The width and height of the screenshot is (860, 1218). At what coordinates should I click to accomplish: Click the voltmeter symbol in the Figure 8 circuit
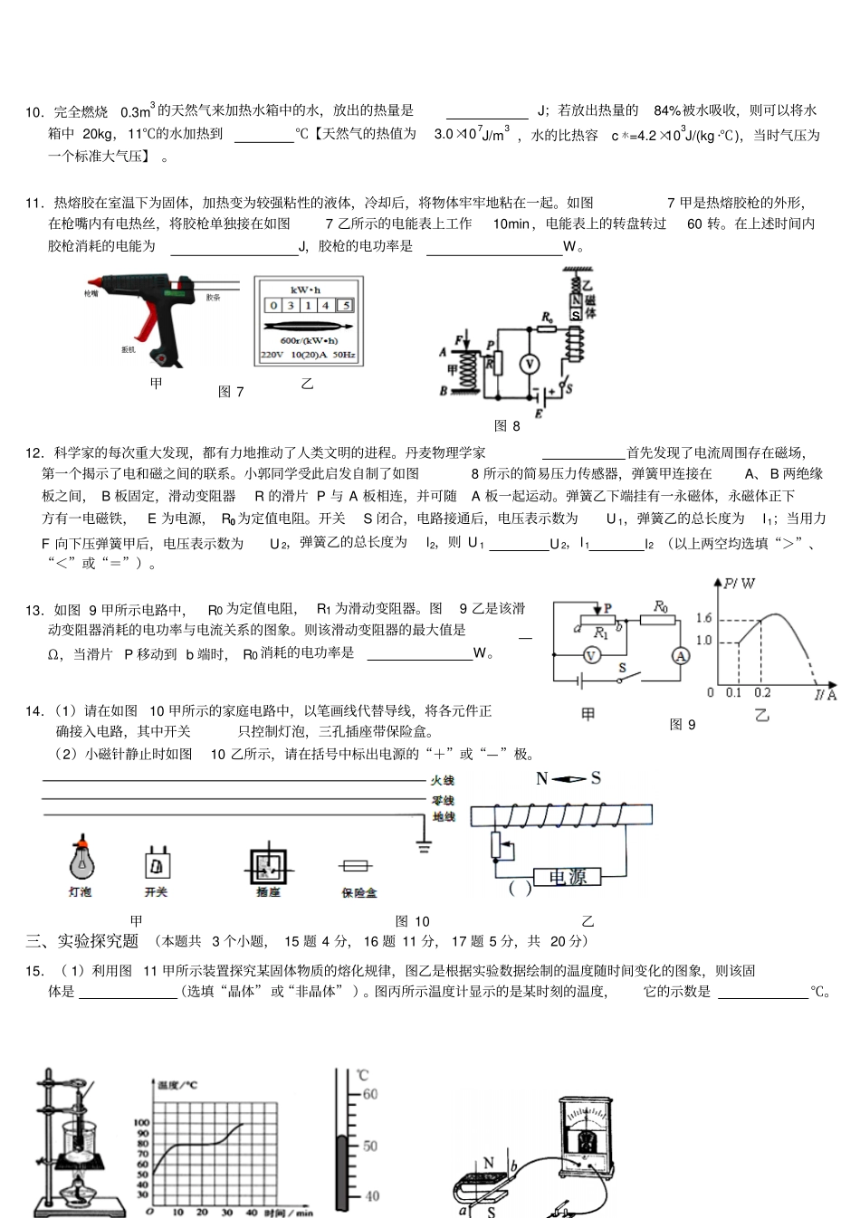[530, 364]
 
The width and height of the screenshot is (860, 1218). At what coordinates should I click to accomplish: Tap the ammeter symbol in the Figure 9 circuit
[681, 656]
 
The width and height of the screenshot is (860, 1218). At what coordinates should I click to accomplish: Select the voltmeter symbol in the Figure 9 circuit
[591, 656]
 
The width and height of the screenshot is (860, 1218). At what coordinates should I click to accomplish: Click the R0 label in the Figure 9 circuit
[661, 605]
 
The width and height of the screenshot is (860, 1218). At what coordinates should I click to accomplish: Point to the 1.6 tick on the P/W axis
[703, 618]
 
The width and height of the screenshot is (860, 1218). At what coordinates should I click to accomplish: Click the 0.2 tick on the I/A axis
[762, 693]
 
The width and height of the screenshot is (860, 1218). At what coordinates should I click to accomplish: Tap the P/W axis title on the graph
[741, 584]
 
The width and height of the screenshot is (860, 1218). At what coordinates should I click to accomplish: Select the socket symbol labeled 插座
[268, 867]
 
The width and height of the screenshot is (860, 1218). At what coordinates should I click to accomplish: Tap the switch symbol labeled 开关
[157, 864]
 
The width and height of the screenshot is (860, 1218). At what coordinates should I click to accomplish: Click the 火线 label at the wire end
[443, 780]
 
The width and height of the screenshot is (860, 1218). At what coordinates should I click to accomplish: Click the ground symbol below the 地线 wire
[423, 847]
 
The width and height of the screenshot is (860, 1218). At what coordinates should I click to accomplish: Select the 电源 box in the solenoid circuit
[568, 877]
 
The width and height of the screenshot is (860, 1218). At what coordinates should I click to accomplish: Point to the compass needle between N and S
[569, 779]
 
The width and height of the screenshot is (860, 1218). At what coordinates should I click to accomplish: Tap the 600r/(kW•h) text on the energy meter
[309, 340]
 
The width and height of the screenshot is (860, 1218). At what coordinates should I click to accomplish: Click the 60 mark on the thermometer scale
[369, 1094]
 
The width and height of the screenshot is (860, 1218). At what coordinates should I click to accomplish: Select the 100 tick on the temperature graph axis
[141, 1122]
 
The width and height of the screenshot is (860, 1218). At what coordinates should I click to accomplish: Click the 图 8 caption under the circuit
[507, 425]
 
